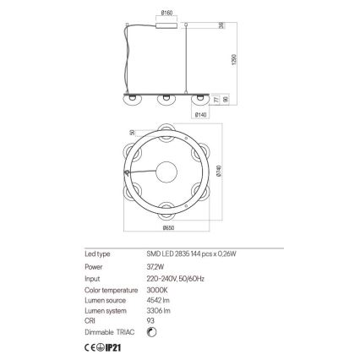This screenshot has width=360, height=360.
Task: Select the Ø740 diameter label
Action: pyautogui.click(x=221, y=170)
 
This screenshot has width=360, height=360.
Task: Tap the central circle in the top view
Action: pyautogui.click(x=168, y=168)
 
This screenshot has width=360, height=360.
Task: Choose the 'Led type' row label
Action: pyautogui.click(x=95, y=253)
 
